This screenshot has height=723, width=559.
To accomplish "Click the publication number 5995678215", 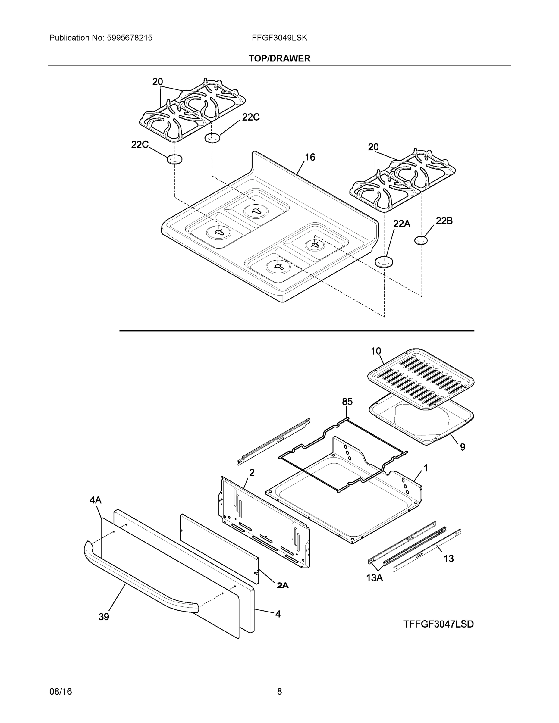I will [x=130, y=38].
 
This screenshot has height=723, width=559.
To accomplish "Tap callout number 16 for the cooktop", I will [x=310, y=157].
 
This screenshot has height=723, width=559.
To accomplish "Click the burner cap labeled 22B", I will [x=421, y=240].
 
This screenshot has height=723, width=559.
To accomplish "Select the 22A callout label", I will [x=401, y=224].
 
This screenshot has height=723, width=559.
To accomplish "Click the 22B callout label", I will [x=444, y=221].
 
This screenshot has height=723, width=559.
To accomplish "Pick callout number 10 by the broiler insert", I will [x=376, y=351].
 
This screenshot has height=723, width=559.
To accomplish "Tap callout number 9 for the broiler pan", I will [x=462, y=447].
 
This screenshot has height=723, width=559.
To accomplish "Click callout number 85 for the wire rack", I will [x=347, y=402].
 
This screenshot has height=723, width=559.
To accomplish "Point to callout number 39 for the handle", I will [x=104, y=617].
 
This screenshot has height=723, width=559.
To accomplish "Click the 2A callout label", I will [x=282, y=585].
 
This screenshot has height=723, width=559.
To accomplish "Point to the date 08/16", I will [x=61, y=692].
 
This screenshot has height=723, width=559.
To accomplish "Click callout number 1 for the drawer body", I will [x=426, y=468].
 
